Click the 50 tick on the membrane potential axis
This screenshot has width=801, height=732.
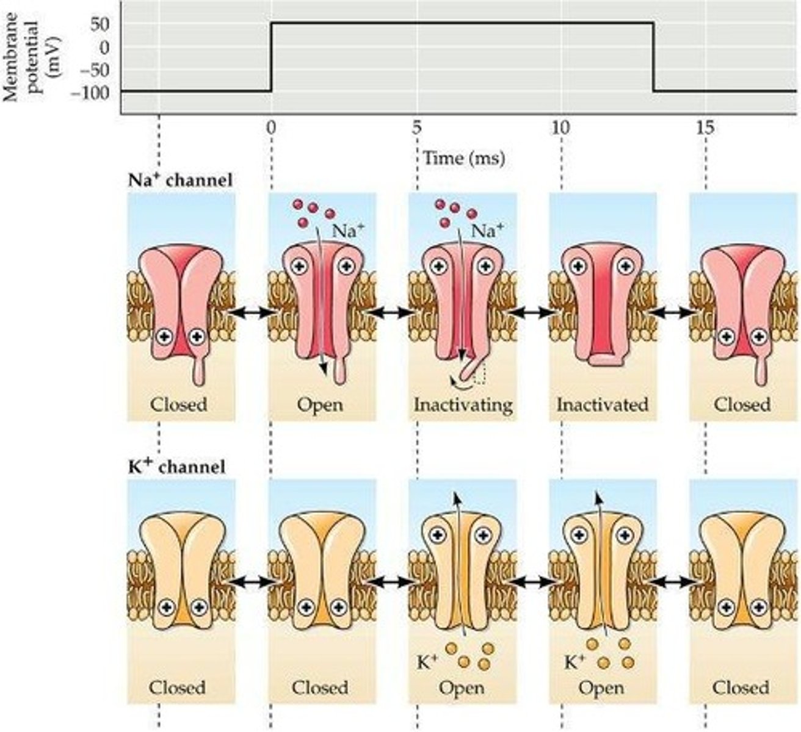pos(98,24)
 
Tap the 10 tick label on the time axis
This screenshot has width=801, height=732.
pos(560,128)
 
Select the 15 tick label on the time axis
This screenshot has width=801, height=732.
pos(705,128)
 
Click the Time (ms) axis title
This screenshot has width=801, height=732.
pos(465,159)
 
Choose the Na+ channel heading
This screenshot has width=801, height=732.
pos(181,180)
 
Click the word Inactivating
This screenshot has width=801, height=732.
pos(463,405)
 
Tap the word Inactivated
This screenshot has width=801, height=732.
pos(603,404)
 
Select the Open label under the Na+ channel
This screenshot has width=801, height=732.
pos(320,405)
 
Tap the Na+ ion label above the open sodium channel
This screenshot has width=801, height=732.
pos(345,232)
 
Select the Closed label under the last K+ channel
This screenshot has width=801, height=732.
pos(741,687)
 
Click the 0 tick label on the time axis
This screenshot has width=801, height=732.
pos(271,128)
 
